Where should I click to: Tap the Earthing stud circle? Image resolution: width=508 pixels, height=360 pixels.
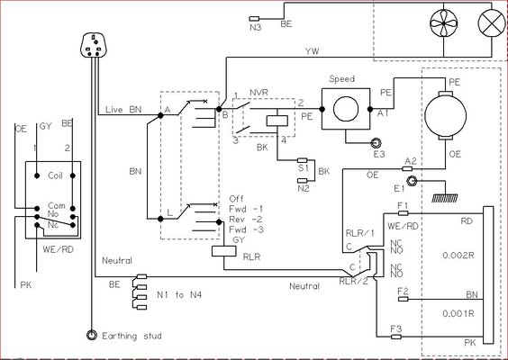point(91,335)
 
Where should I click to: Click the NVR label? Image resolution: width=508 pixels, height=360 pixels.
point(259,92)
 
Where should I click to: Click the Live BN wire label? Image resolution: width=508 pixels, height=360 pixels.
point(122,109)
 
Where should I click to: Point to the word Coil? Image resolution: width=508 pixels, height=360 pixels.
point(55,177)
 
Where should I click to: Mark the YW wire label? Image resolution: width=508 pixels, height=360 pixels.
point(312,50)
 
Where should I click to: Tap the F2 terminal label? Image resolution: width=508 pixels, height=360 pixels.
point(403,291)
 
